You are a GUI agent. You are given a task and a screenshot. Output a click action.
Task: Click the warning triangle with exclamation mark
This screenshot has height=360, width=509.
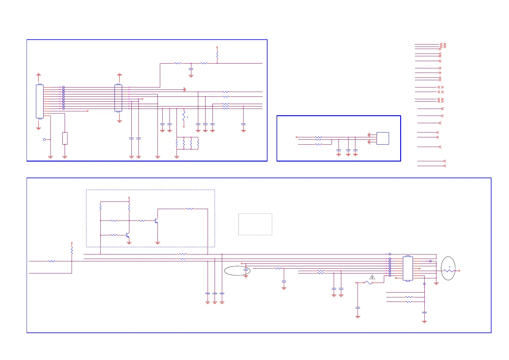pos(372,277)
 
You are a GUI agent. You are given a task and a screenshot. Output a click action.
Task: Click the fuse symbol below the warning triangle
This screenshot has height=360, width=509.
pos(368,283)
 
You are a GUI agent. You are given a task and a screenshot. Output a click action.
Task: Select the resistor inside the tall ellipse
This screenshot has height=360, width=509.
pos(449,271)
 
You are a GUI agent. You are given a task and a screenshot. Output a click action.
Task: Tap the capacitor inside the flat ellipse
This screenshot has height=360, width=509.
pos(246,270)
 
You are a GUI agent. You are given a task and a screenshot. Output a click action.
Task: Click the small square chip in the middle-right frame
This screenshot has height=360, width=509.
pos(383,138)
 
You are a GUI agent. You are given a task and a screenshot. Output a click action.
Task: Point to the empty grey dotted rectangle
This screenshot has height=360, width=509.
pos(255,224)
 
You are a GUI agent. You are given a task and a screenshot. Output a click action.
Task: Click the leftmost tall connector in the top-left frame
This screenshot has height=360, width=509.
pos(40,101)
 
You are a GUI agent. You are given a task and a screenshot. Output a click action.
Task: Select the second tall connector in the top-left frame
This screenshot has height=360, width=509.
pos(118,98)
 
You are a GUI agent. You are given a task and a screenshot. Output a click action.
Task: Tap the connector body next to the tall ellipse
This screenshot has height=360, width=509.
pos(408,269)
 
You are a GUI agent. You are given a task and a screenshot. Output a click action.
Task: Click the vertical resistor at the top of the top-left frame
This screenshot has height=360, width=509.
pos(217,55)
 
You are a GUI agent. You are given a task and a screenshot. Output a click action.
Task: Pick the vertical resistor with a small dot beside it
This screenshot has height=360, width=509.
pos(184,116)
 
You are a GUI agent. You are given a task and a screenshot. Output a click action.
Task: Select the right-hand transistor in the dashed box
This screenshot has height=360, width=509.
pos(156,221)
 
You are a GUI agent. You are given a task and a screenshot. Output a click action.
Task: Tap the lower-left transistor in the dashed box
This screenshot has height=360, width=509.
pos(128,235)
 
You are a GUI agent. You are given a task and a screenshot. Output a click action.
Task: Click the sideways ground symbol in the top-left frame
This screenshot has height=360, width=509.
pos(185,90)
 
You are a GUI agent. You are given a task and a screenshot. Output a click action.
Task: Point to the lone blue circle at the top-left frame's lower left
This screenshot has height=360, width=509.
pos(44,139)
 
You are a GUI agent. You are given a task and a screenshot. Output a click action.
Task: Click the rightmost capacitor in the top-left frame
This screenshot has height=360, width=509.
pos(243,124)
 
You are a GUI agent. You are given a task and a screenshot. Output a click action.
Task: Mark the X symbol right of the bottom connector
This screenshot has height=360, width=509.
pos(420,269)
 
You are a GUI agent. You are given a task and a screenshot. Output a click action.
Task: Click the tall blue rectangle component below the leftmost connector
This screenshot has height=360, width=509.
pos(65,138)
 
